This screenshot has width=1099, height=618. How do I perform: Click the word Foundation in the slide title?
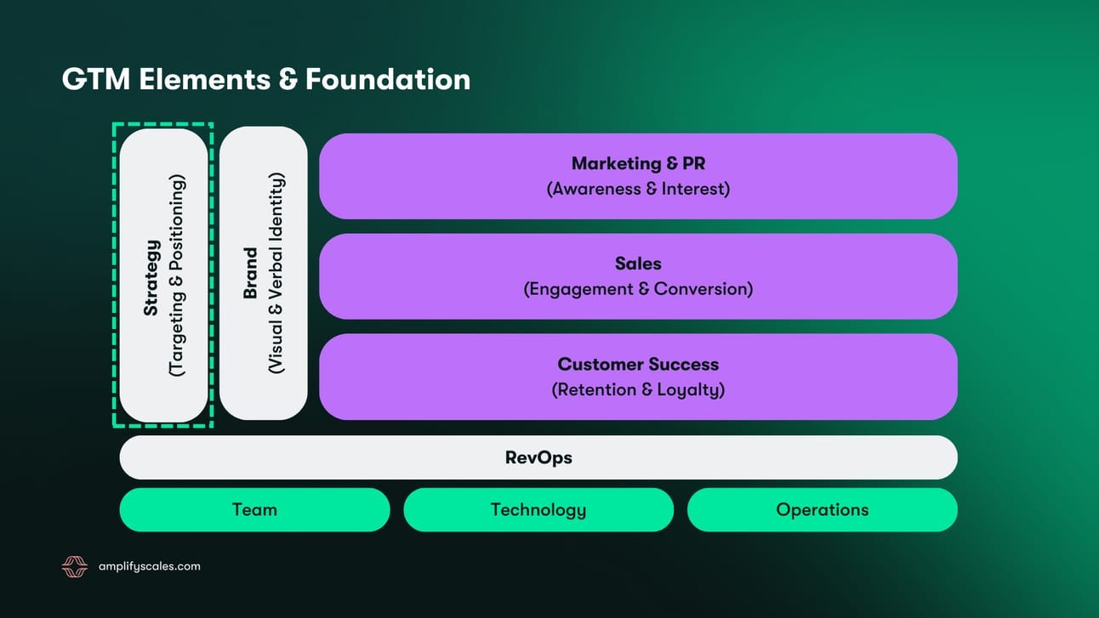coord(388,79)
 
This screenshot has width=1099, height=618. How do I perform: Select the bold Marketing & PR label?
coord(638,163)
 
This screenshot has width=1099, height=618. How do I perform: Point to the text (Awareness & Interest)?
coord(638,189)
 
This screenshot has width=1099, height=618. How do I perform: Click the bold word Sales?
coord(638,264)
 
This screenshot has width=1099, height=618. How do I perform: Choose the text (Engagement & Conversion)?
coord(638,289)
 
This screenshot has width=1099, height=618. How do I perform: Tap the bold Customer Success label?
coord(638,364)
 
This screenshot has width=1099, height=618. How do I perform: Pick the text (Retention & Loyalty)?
coord(638,390)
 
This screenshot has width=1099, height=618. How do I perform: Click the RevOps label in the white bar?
coord(538,457)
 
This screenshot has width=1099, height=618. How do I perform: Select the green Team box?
coord(254,510)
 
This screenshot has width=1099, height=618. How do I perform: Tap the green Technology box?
coord(538,510)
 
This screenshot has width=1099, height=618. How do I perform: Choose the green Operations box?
coord(822,510)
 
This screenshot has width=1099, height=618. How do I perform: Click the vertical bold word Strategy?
coord(151,278)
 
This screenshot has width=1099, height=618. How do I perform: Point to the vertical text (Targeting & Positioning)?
coord(176,275)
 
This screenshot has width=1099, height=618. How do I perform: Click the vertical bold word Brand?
coord(250,274)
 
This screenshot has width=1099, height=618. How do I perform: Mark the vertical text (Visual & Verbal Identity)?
coord(276,274)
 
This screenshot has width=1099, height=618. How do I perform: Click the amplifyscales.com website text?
coord(150,566)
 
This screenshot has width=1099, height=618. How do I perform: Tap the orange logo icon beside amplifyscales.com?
coord(75,567)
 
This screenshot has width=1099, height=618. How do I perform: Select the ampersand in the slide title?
coord(287,79)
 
